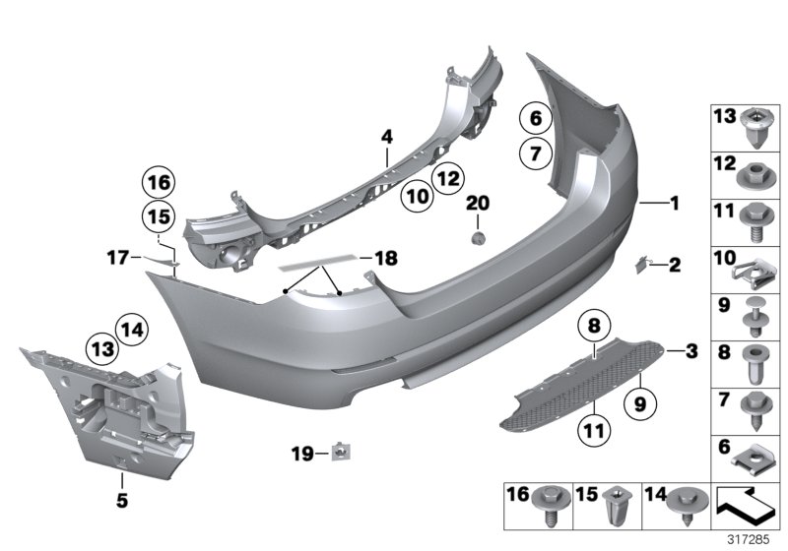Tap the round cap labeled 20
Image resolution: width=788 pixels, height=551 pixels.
click(477, 239)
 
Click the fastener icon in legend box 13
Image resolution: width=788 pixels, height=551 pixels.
click(756, 126)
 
